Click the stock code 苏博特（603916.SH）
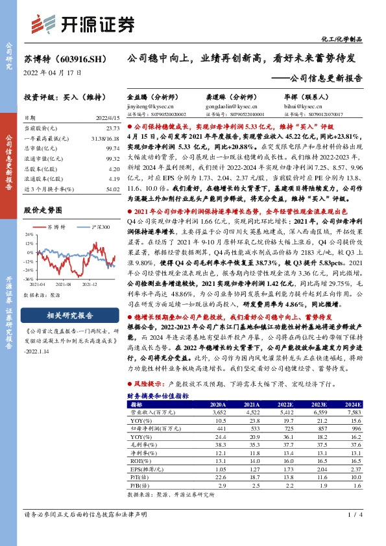[65, 58]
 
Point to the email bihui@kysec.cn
[303, 104]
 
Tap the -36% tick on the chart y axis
[30, 279]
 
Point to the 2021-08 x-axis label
[63, 284]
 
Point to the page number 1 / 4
[354, 533]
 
